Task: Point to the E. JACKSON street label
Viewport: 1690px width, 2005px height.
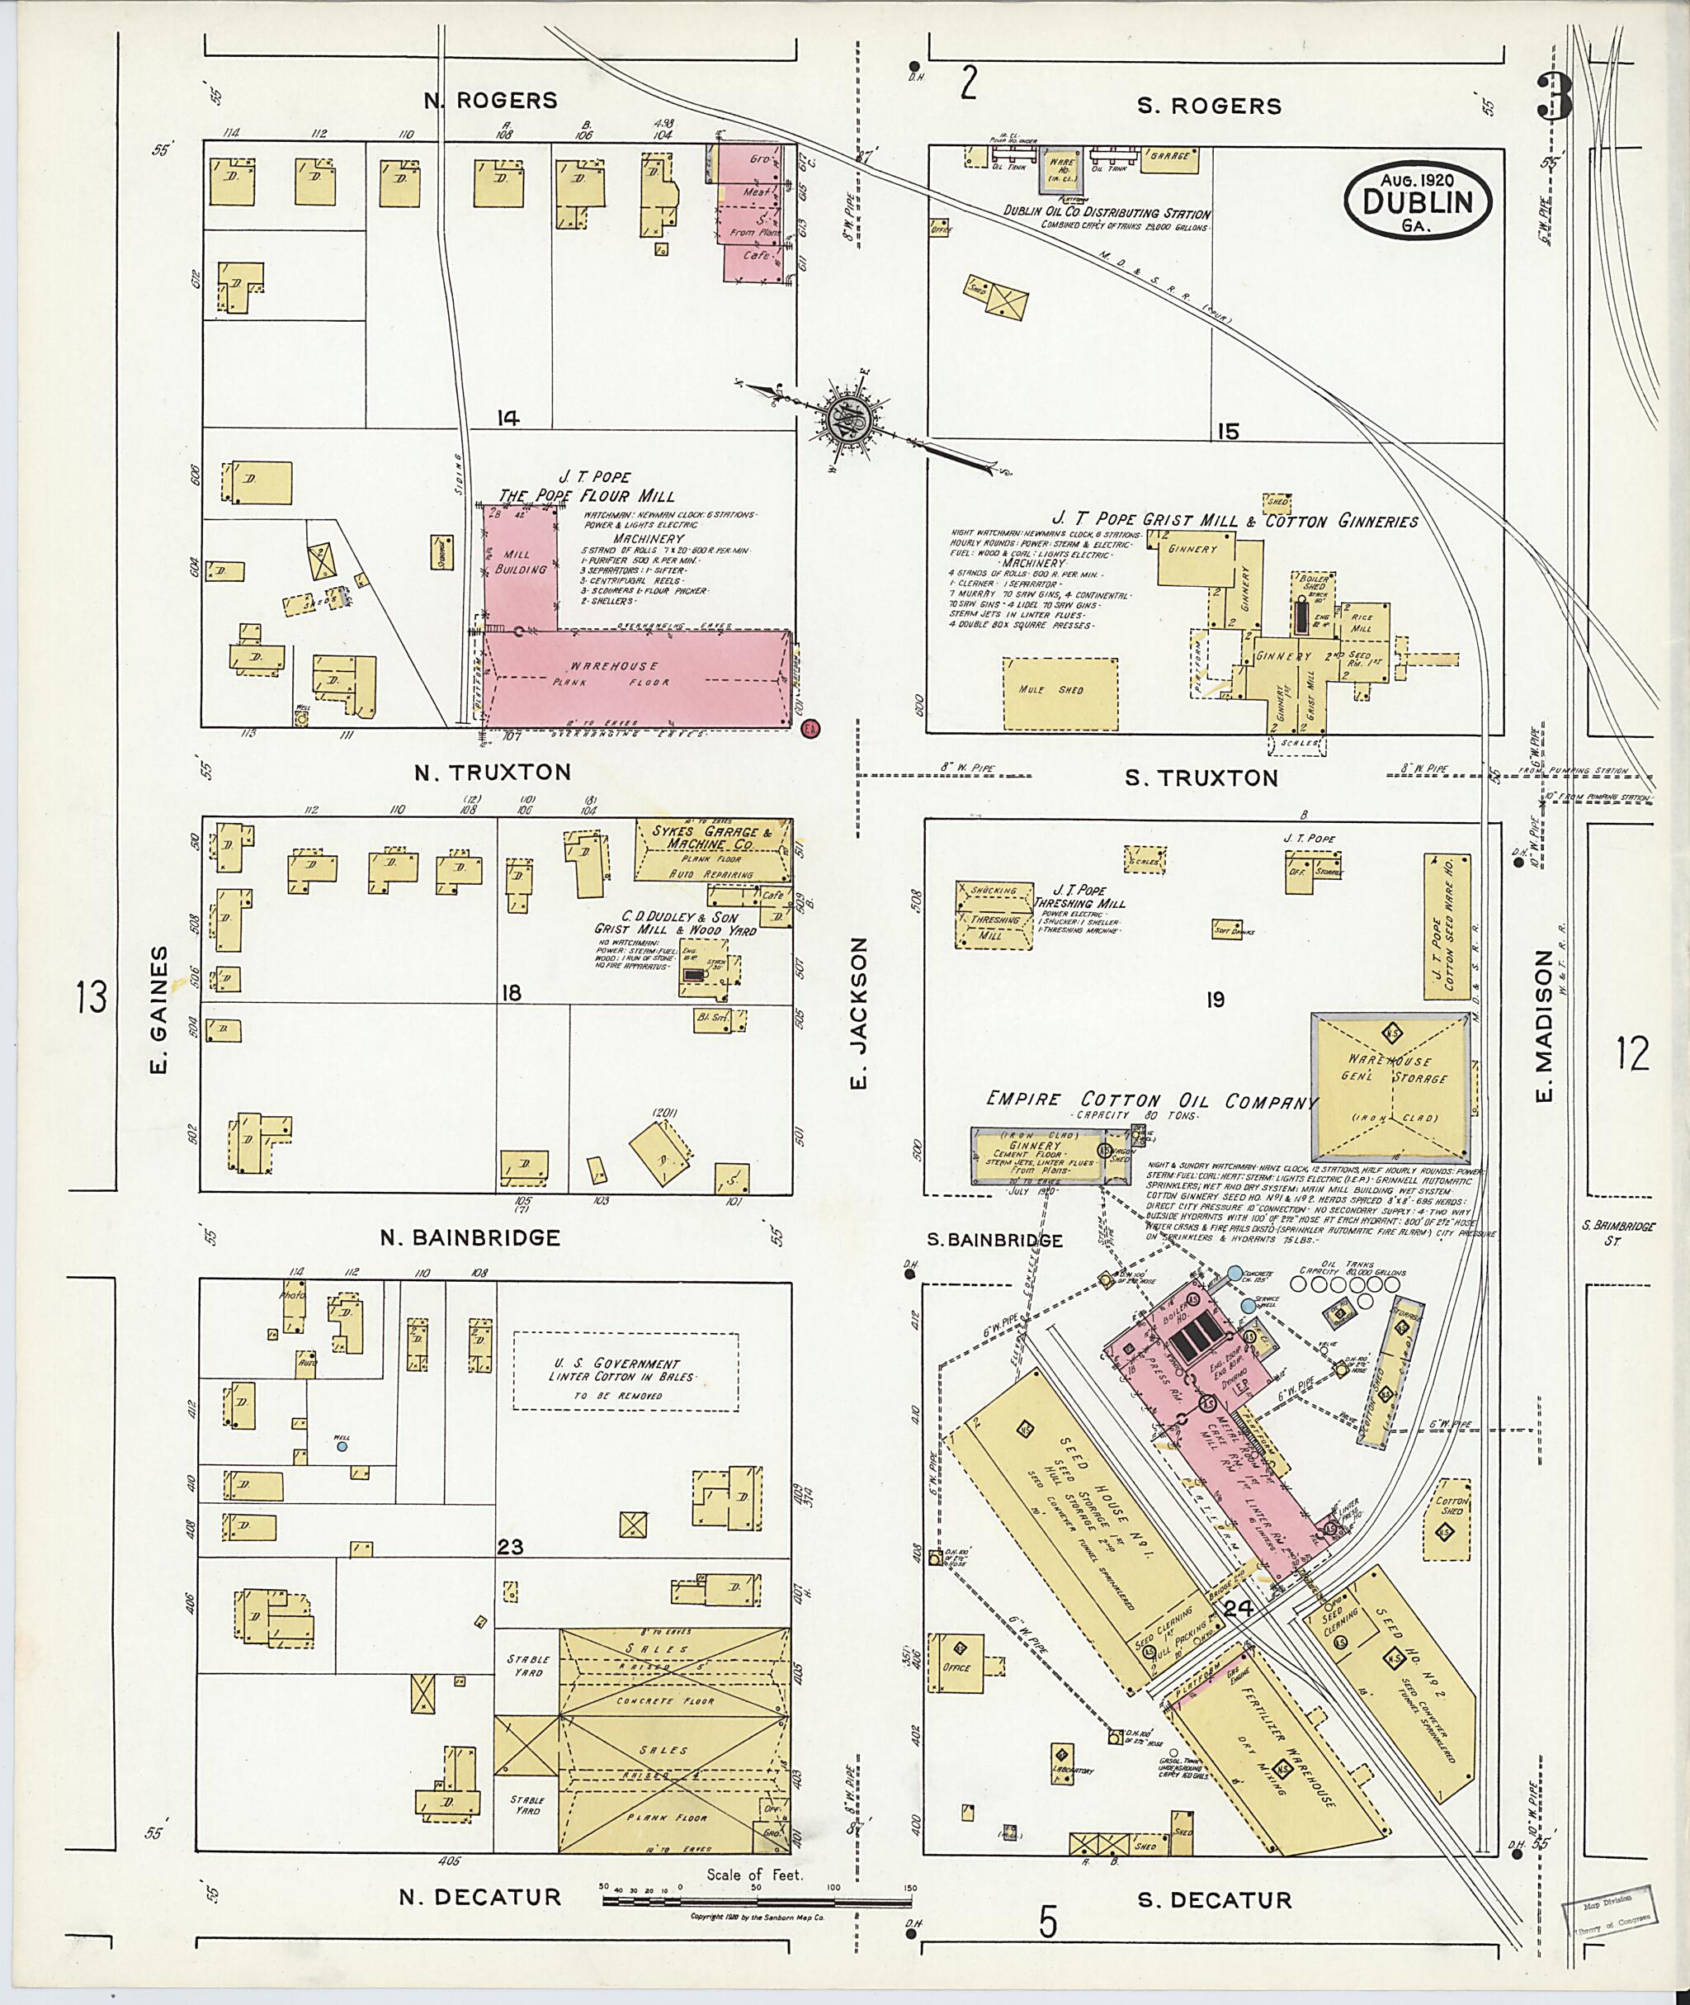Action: [x=858, y=1013]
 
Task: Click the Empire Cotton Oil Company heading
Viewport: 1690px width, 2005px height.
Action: [x=1150, y=1101]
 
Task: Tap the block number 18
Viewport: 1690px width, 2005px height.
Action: [x=511, y=992]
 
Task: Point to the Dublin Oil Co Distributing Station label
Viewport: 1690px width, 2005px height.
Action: [x=1106, y=214]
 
